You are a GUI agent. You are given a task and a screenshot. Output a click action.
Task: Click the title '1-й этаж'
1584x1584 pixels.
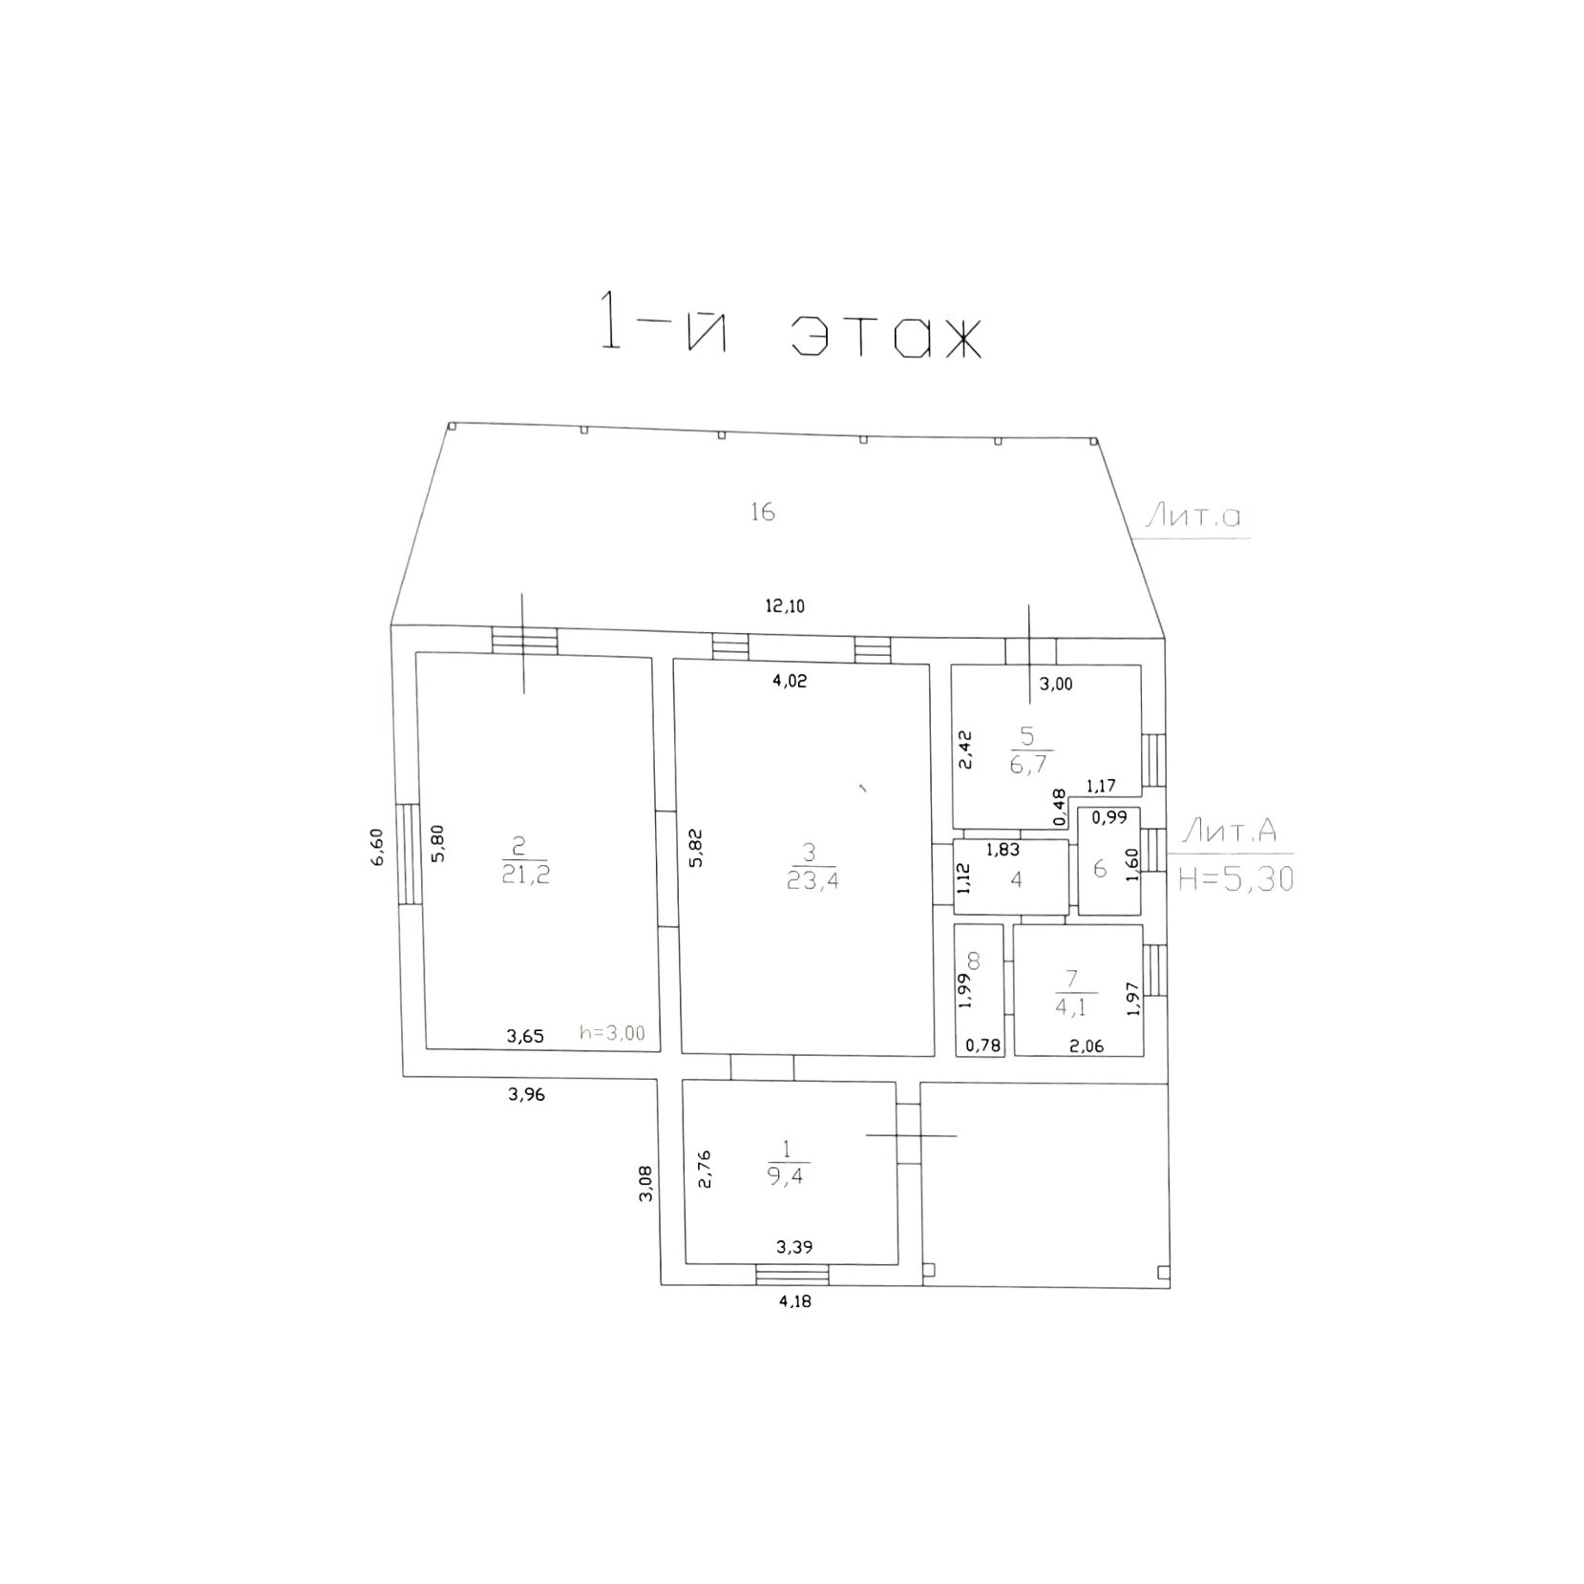tap(790, 324)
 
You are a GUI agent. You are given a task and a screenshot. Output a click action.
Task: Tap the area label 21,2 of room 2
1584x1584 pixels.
tap(526, 875)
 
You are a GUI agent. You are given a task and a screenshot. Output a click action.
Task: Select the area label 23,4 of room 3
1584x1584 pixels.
tap(813, 880)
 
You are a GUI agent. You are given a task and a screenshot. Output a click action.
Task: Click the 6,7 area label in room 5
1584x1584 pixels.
tap(1027, 765)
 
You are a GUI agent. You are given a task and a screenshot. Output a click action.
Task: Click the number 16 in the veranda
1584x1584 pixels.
tap(762, 512)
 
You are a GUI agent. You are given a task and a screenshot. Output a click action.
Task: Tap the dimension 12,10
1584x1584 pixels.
tap(785, 605)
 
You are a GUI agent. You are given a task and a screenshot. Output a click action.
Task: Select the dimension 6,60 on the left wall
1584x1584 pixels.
tap(377, 847)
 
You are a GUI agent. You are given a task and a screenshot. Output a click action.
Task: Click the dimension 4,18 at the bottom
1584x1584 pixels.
tap(794, 1300)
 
